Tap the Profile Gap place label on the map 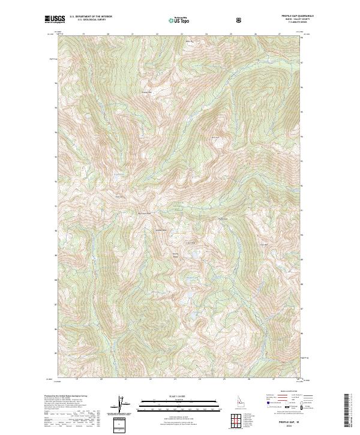pos(222,218)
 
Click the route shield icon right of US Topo pos(239,20)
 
